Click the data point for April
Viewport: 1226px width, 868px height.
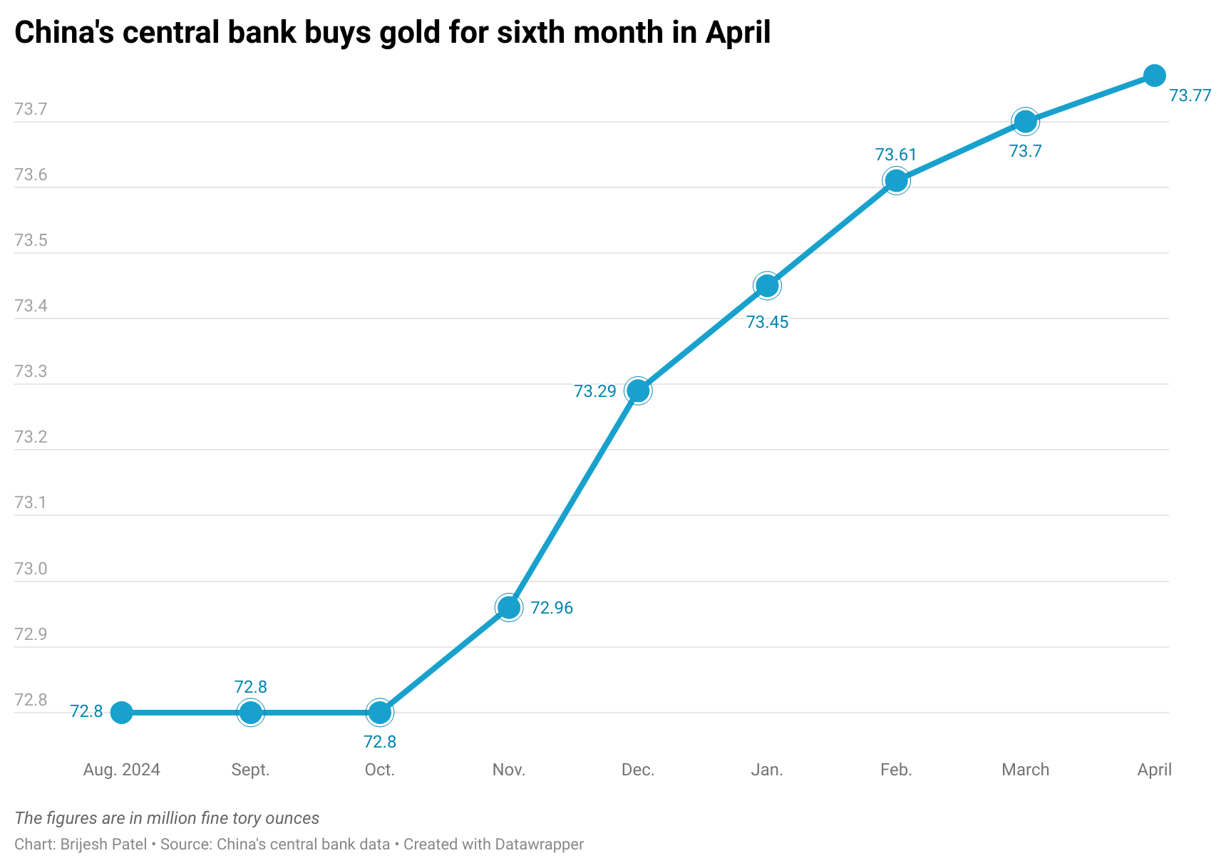(x=1154, y=75)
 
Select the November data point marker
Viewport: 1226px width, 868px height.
(x=508, y=607)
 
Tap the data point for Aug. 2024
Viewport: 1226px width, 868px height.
(x=121, y=712)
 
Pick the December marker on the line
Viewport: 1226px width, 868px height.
(x=637, y=391)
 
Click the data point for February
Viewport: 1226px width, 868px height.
(x=896, y=181)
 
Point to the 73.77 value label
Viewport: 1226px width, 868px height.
(x=1190, y=95)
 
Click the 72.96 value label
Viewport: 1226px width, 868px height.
(x=552, y=608)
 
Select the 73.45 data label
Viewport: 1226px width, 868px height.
(x=767, y=322)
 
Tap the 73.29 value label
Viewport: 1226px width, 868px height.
(x=595, y=391)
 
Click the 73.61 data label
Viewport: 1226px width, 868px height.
(x=896, y=155)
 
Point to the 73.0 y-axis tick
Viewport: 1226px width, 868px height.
(x=31, y=569)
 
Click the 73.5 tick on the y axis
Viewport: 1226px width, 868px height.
(x=31, y=240)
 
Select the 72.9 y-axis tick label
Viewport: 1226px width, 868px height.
(x=31, y=634)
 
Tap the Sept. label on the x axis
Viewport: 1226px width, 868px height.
(x=250, y=770)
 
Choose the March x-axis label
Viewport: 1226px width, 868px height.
(x=1025, y=770)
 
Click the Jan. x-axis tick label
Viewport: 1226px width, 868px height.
(x=767, y=770)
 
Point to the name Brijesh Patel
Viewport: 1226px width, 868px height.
(x=104, y=844)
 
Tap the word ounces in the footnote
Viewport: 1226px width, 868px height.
(x=292, y=818)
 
